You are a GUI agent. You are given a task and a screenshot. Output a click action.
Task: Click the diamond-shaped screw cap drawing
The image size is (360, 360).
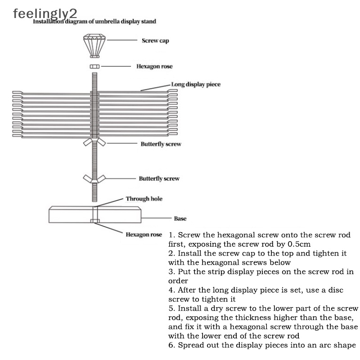pyautogui.click(x=94, y=46)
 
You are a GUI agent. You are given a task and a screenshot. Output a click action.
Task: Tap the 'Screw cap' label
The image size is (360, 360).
pyautogui.click(x=155, y=40)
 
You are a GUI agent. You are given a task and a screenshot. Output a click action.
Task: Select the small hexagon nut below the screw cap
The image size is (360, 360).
pyautogui.click(x=94, y=66)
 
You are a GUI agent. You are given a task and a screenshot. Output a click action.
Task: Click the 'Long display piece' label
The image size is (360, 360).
pyautogui.click(x=196, y=84)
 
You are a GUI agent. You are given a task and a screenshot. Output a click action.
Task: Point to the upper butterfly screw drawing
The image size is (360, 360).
pyautogui.click(x=94, y=142)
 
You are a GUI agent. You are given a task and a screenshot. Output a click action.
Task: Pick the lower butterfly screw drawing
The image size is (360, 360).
pyautogui.click(x=94, y=179)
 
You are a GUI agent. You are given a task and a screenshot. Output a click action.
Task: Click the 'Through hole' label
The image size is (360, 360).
pyautogui.click(x=144, y=199)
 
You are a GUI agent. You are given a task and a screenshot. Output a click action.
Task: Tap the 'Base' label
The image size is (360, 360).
pyautogui.click(x=180, y=218)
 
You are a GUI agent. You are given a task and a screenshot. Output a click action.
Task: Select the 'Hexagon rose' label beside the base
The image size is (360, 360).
pyautogui.click(x=144, y=234)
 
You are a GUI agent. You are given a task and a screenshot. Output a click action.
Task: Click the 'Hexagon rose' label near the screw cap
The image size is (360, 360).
pyautogui.click(x=154, y=66)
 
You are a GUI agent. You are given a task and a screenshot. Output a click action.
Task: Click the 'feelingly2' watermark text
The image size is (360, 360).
pyautogui.click(x=45, y=14)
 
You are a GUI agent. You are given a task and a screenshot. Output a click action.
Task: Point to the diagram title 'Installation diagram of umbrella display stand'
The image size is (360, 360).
pyautogui.click(x=94, y=22)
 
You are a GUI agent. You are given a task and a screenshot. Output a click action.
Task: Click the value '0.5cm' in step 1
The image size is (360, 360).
pyautogui.click(x=299, y=244)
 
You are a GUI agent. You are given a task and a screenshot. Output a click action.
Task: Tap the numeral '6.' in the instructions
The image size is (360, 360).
pyautogui.click(x=172, y=345)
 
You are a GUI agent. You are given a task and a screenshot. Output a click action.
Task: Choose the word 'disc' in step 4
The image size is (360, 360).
pyautogui.click(x=336, y=290)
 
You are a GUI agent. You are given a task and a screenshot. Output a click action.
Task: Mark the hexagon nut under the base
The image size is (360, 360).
pyautogui.click(x=95, y=221)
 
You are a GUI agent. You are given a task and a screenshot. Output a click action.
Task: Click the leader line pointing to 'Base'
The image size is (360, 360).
pyautogui.click(x=156, y=218)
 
